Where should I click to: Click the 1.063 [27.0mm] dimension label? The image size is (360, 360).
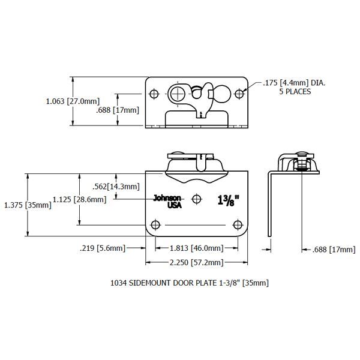[73, 101]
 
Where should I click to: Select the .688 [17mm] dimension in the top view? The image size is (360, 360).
[118, 110]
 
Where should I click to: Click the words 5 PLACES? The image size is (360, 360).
[295, 92]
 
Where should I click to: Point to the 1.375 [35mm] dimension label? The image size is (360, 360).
[27, 205]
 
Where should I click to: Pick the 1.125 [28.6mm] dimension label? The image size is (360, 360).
[79, 199]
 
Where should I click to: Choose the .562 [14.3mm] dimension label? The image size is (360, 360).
[118, 186]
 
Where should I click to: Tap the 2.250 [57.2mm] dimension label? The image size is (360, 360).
[197, 263]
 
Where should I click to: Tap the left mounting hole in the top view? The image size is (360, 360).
[155, 94]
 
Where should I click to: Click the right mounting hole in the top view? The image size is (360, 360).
[239, 94]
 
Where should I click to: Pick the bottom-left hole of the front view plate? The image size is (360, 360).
[156, 225]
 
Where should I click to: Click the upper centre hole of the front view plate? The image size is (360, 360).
[197, 198]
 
